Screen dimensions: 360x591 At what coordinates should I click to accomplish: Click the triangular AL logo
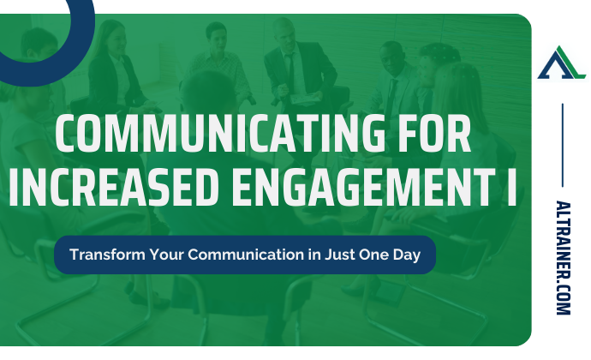coord(561,63)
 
